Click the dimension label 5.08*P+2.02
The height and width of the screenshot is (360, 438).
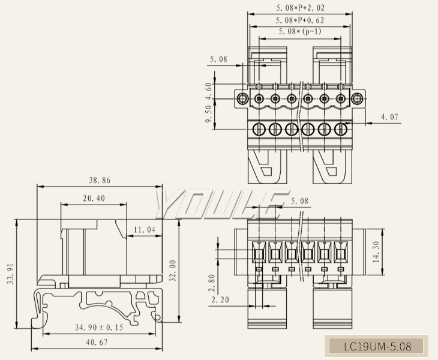pos(300,9)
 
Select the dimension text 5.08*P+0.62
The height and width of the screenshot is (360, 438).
pos(300,20)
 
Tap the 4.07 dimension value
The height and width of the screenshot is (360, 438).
pos(390,118)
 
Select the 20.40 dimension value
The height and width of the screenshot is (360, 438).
pos(94,199)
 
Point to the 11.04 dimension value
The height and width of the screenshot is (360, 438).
pos(144,230)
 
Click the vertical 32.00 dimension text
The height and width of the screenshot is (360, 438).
pos(173,271)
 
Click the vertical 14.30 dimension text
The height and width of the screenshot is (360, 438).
pos(376,253)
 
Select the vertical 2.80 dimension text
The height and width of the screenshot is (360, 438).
pos(211,283)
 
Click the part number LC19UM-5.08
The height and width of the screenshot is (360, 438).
pos(377,346)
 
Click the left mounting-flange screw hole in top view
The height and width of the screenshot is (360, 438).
pos(242,98)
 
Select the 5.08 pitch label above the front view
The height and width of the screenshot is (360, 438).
pos(299,201)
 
